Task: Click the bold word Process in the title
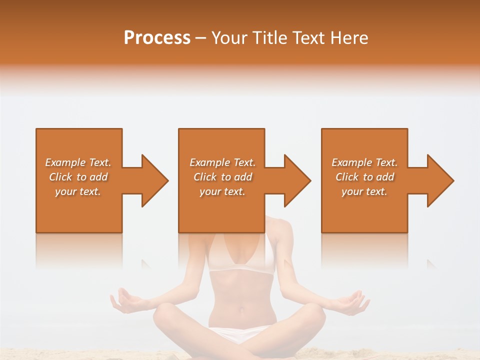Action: [x=157, y=38]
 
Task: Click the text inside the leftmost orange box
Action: [x=78, y=177]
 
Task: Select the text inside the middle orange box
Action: [x=222, y=177]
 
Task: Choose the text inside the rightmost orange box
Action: [x=364, y=177]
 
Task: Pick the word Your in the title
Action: [x=229, y=38]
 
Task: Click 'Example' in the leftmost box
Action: [x=65, y=162]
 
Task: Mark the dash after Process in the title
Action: [x=200, y=38]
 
